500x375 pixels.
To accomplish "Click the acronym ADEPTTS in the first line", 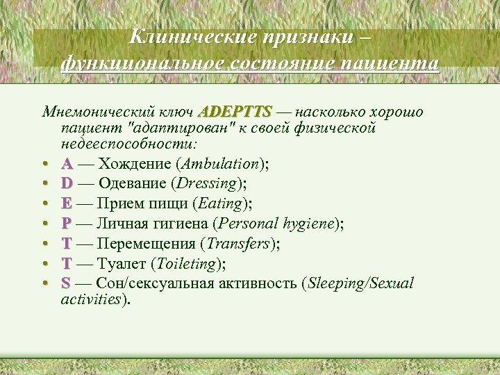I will point(235,112).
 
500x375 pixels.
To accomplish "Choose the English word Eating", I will point(221,203).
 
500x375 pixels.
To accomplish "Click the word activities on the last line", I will point(90,299).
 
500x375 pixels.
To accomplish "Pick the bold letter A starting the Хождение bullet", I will point(67,164).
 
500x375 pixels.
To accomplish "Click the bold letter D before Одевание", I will point(67,184).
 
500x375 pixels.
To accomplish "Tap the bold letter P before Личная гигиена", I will point(66,224).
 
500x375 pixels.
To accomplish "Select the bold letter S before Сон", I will point(65,283).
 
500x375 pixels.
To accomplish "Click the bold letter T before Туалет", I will point(66,263).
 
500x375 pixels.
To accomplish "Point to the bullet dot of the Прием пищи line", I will point(44,204).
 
